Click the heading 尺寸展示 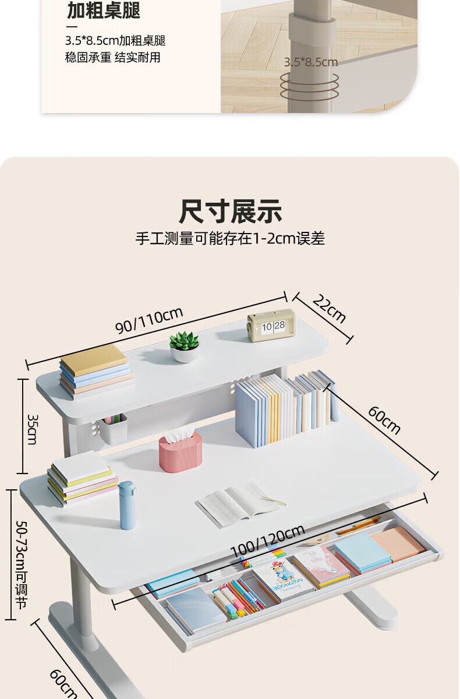coord(230,211)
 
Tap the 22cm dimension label coord(330,309)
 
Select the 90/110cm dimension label coord(149,320)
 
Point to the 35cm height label coord(33,429)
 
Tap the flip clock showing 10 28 coord(271,326)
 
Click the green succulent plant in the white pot coord(185,347)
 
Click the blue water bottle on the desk coord(128,505)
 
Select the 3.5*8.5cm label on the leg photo coord(310,62)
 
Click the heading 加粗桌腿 coord(104,10)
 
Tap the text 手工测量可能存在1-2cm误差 coord(230,238)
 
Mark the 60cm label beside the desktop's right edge coord(384,420)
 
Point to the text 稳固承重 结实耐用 coord(112,58)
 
